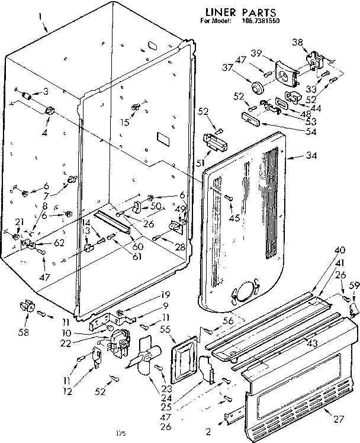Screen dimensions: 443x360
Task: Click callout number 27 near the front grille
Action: click(338, 420)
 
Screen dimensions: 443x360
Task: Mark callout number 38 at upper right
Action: click(297, 42)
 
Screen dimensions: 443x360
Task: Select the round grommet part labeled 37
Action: click(258, 88)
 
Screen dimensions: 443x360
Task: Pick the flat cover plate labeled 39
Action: click(287, 74)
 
